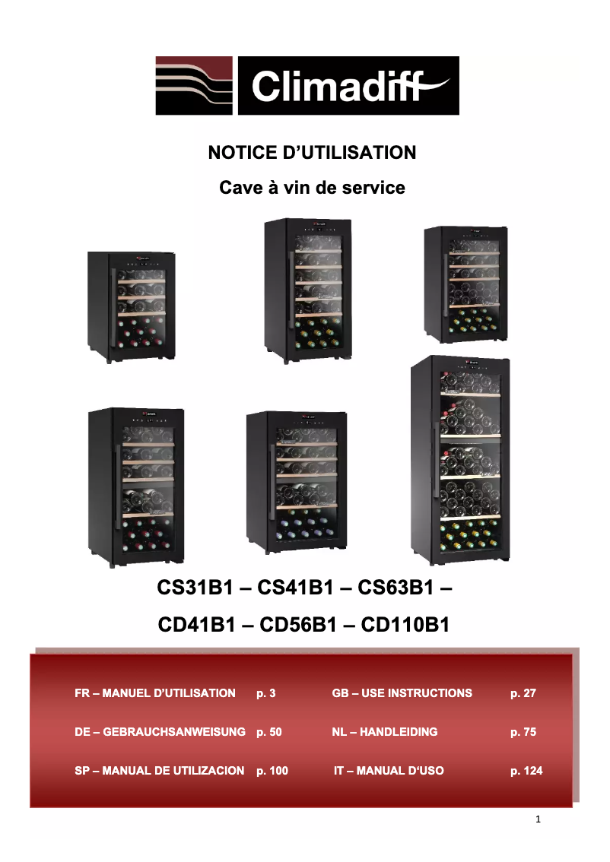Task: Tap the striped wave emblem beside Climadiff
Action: (x=194, y=85)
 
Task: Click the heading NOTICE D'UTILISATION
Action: (x=312, y=152)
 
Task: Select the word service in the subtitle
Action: (x=373, y=187)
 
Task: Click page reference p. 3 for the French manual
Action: (x=265, y=693)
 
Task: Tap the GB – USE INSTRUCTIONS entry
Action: (x=402, y=693)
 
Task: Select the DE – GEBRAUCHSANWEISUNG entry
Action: (x=160, y=732)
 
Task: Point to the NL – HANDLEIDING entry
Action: (x=385, y=732)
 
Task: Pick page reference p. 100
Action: (x=272, y=771)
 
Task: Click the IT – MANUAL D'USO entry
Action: (x=389, y=771)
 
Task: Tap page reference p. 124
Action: (x=526, y=771)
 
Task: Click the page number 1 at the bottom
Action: (x=538, y=819)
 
